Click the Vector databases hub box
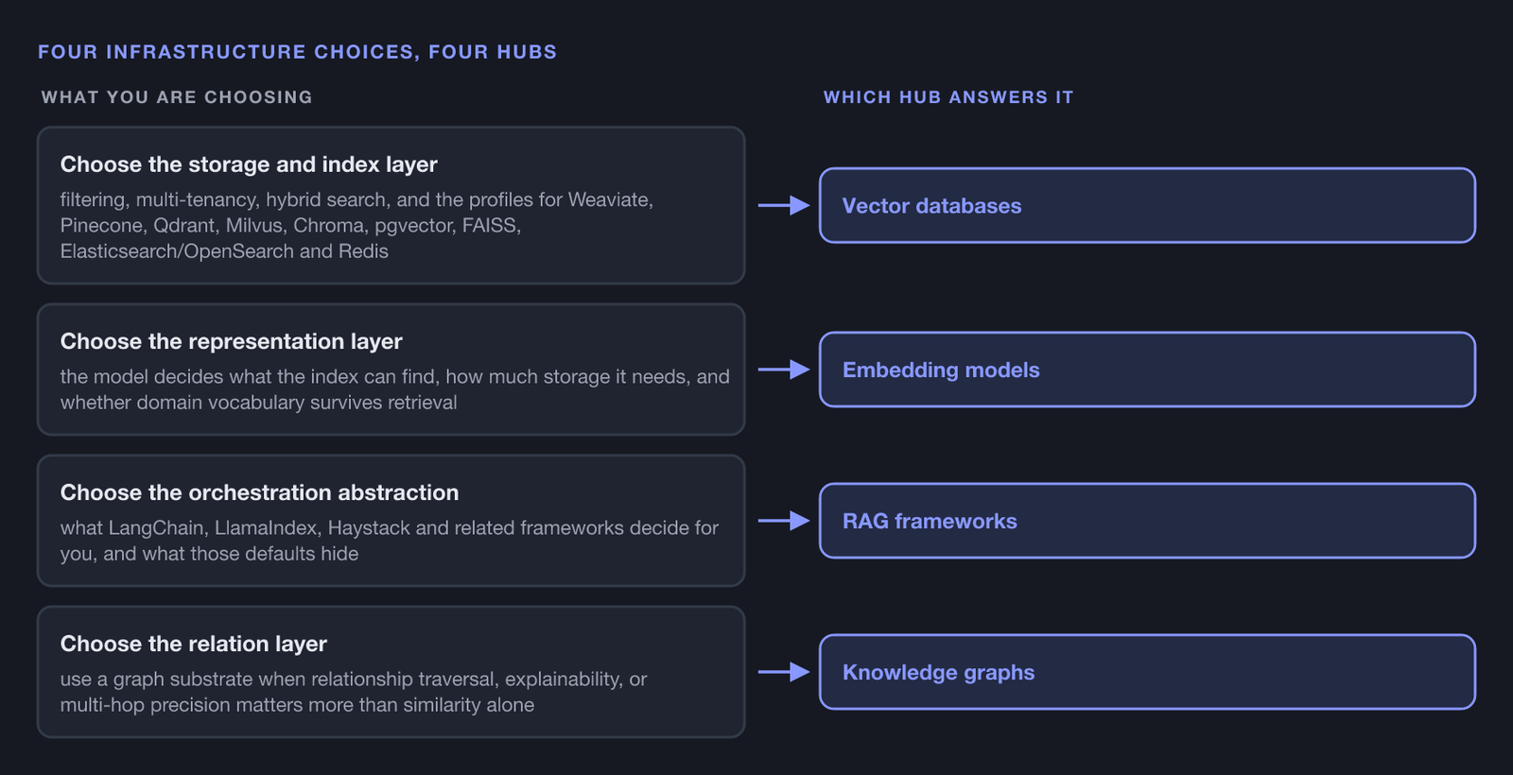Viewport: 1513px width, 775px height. (1147, 205)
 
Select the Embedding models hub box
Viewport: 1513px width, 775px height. (1147, 370)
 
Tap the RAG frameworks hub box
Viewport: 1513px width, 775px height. (1147, 521)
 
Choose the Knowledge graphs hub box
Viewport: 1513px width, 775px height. (1147, 672)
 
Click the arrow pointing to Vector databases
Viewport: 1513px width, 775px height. (784, 205)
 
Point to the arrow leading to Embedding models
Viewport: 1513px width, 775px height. (784, 370)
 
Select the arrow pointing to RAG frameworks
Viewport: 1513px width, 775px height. (784, 521)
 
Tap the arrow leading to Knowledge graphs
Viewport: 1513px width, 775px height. (784, 672)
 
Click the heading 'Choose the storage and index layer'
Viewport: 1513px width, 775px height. (249, 164)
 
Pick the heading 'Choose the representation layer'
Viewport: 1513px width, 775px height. (231, 341)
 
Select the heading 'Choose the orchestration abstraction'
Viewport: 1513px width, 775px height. (259, 492)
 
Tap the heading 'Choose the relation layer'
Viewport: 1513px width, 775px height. (193, 644)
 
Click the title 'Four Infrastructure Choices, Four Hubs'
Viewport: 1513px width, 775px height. (297, 52)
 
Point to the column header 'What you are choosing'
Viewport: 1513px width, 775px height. (177, 97)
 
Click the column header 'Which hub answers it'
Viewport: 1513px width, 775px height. (948, 97)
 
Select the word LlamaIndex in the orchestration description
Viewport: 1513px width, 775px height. (267, 528)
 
